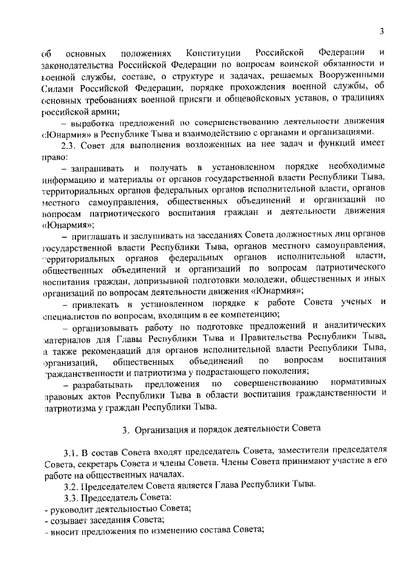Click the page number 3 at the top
coord(382,31)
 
